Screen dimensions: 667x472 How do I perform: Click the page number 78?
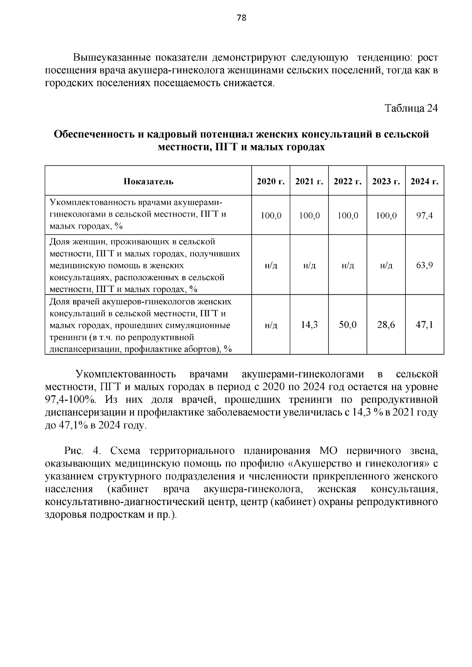pyautogui.click(x=242, y=18)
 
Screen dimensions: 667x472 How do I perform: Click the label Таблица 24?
pyautogui.click(x=411, y=108)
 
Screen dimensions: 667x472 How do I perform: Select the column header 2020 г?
pyautogui.click(x=271, y=181)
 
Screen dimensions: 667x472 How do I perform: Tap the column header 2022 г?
pyautogui.click(x=348, y=181)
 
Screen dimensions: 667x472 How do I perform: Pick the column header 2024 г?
pyautogui.click(x=424, y=181)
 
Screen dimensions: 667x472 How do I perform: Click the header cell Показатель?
pyautogui.click(x=148, y=182)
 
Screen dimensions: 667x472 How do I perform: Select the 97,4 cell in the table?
pyautogui.click(x=424, y=215)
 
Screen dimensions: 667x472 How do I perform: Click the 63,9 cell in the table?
pyautogui.click(x=424, y=265)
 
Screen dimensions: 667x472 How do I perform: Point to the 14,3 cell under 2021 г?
pyautogui.click(x=309, y=325)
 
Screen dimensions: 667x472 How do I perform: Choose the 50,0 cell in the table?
pyautogui.click(x=348, y=325)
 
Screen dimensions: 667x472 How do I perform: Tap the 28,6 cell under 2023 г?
pyautogui.click(x=386, y=325)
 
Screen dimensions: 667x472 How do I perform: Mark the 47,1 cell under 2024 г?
pyautogui.click(x=424, y=325)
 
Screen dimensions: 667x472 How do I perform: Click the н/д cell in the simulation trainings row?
pyautogui.click(x=271, y=325)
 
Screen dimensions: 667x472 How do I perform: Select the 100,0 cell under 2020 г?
pyautogui.click(x=271, y=216)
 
